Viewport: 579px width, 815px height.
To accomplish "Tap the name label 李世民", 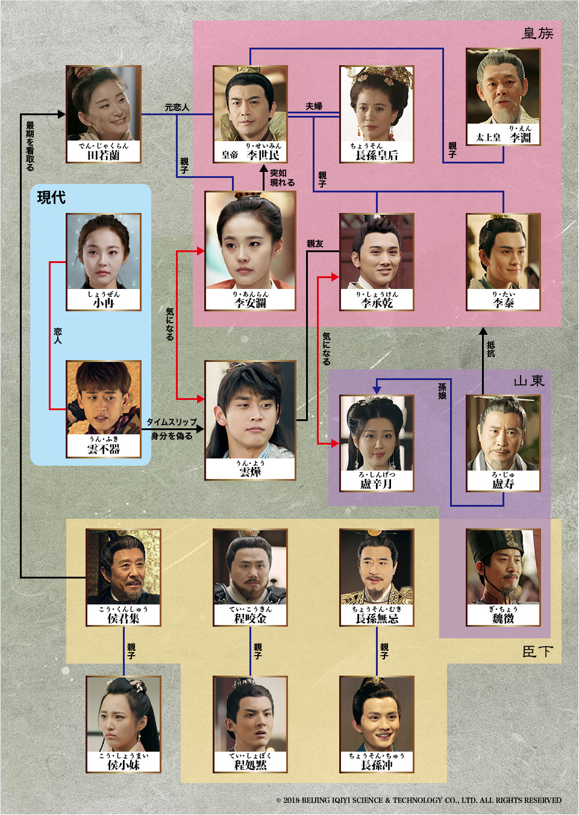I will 263,155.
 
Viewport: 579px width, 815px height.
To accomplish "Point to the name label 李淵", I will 520,138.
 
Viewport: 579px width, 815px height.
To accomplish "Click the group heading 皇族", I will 537,34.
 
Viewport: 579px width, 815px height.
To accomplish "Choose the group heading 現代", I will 51,197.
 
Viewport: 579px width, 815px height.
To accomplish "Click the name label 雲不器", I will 104,449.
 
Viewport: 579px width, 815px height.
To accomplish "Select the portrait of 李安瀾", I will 250,241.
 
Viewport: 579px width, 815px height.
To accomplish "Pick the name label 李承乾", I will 377,303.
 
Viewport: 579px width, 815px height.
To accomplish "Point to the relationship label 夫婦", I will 313,106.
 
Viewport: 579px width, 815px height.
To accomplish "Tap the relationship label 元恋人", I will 177,107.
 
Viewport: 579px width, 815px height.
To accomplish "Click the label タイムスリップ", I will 172,422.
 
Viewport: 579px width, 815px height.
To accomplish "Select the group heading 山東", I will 529,381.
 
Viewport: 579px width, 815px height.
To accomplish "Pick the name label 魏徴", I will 503,618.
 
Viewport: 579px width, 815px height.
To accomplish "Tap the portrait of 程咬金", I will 250,568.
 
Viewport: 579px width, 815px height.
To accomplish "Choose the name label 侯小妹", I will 124,765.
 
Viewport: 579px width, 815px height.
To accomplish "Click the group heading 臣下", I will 537,652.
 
